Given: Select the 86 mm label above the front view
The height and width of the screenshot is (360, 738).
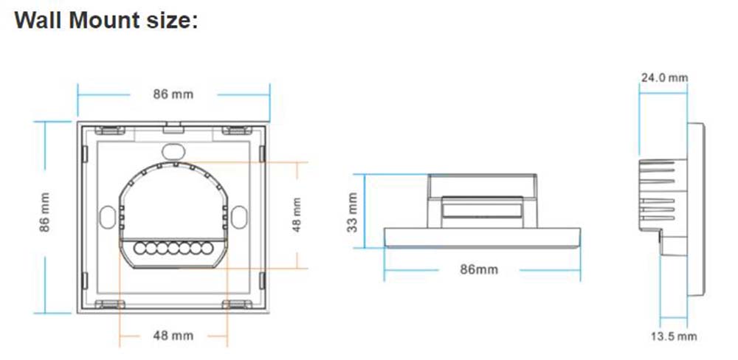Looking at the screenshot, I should [x=173, y=94].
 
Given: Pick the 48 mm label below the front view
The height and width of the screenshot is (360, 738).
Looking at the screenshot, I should [x=173, y=336].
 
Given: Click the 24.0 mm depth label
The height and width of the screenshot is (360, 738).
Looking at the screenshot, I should [x=663, y=77].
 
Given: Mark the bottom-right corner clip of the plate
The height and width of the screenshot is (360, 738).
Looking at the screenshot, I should [x=235, y=304].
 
